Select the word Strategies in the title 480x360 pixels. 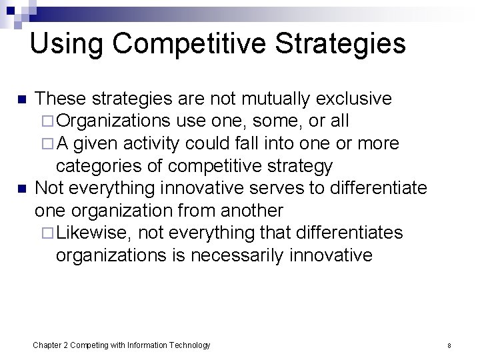click(x=340, y=44)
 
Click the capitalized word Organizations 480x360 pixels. click(x=114, y=121)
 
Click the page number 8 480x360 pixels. click(x=449, y=345)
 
